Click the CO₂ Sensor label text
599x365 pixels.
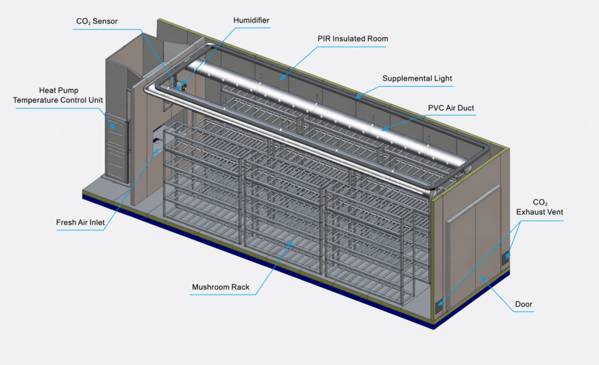97,22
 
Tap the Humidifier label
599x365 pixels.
251,20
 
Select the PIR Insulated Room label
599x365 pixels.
353,39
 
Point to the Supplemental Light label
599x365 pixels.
417,78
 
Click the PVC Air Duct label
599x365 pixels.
451,108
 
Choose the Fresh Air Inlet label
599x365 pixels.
80,222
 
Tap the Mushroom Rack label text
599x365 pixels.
221,287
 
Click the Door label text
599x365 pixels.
524,304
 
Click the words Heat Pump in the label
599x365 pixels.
58,91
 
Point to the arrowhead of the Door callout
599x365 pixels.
483,278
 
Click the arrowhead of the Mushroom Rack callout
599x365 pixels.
291,243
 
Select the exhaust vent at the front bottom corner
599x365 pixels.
439,305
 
